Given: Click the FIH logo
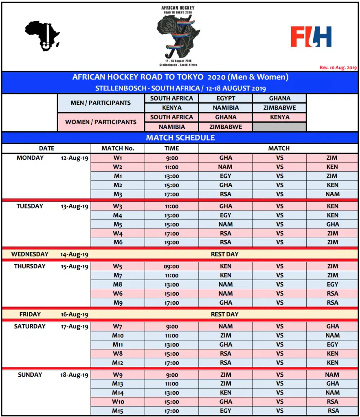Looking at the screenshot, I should point(311,37).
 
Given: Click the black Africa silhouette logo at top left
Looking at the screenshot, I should point(42,36).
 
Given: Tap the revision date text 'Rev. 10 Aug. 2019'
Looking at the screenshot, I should point(338,68).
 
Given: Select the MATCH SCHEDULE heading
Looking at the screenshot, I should point(180,138).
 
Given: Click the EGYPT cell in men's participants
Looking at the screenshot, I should point(226,98).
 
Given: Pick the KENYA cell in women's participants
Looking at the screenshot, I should point(279,117).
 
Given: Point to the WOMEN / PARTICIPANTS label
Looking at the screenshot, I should point(101,122).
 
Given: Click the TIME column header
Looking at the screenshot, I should point(171,149).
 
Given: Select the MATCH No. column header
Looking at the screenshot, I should point(118,149).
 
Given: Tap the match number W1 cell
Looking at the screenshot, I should point(118,158).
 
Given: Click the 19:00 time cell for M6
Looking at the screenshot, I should point(171,242).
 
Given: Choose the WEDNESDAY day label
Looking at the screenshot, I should point(30,254).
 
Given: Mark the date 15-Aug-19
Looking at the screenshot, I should point(75,267).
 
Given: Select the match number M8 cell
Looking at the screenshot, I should point(118,285).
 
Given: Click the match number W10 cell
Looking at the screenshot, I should point(118,402).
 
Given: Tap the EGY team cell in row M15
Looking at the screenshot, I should point(225,411).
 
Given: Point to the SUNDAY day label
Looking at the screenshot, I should point(30,375).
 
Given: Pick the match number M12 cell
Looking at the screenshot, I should point(118,363).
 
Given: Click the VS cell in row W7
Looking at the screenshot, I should point(279,327).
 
